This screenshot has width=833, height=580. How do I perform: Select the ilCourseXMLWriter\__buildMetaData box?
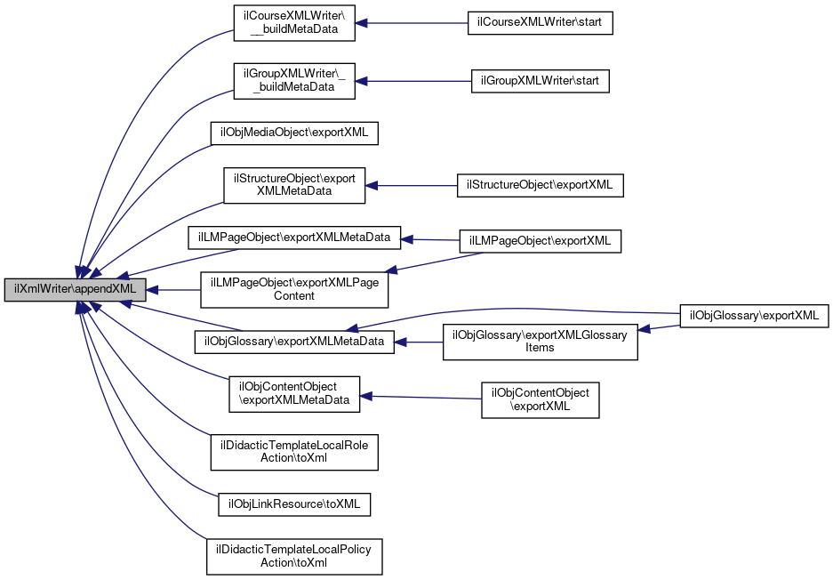tap(293, 25)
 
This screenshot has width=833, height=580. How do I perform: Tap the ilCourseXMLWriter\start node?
tap(541, 24)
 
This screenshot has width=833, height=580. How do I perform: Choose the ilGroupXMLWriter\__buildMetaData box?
tap(293, 80)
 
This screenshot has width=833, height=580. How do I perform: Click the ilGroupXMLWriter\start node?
tap(540, 80)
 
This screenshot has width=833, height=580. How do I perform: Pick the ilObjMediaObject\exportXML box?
tap(294, 133)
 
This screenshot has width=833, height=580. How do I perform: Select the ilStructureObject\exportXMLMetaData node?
tap(293, 185)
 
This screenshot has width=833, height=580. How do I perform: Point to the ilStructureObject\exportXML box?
tap(541, 185)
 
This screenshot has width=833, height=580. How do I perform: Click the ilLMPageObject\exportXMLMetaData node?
tap(294, 238)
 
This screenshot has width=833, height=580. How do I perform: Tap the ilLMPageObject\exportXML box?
tap(540, 240)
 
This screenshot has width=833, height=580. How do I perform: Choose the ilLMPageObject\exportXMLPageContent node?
tap(293, 289)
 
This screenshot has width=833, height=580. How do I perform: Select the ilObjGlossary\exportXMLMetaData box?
tap(294, 341)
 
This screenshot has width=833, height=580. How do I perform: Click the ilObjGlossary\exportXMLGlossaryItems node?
tap(541, 341)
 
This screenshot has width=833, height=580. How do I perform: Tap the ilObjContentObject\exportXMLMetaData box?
tap(294, 393)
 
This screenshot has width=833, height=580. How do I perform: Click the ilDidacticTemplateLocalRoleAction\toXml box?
tap(294, 452)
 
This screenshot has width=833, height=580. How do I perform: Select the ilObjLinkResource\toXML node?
tap(294, 504)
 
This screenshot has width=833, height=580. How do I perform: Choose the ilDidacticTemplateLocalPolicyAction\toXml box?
tap(294, 556)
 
